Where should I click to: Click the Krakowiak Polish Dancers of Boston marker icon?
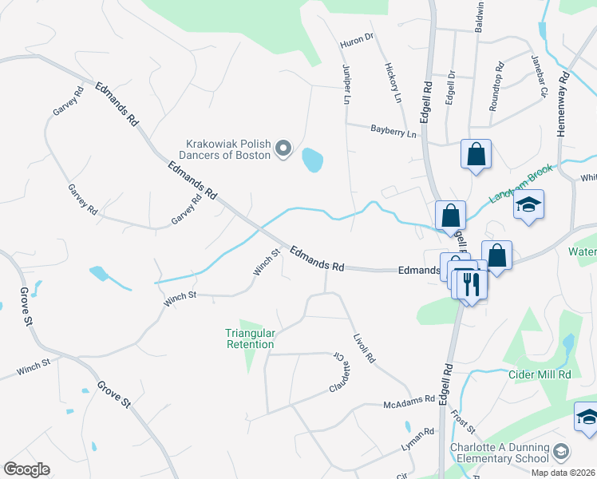pyautogui.click(x=283, y=148)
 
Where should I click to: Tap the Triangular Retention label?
pyautogui.click(x=250, y=338)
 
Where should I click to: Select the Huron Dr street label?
pyautogui.click(x=358, y=38)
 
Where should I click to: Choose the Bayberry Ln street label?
pyautogui.click(x=393, y=130)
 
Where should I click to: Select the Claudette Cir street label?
pyautogui.click(x=341, y=373)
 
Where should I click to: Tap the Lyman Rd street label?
pyautogui.click(x=417, y=433)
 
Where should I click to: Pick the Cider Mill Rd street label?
pyautogui.click(x=541, y=374)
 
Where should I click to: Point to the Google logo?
pyautogui.click(x=26, y=469)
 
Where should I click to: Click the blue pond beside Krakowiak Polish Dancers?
pyautogui.click(x=312, y=160)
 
